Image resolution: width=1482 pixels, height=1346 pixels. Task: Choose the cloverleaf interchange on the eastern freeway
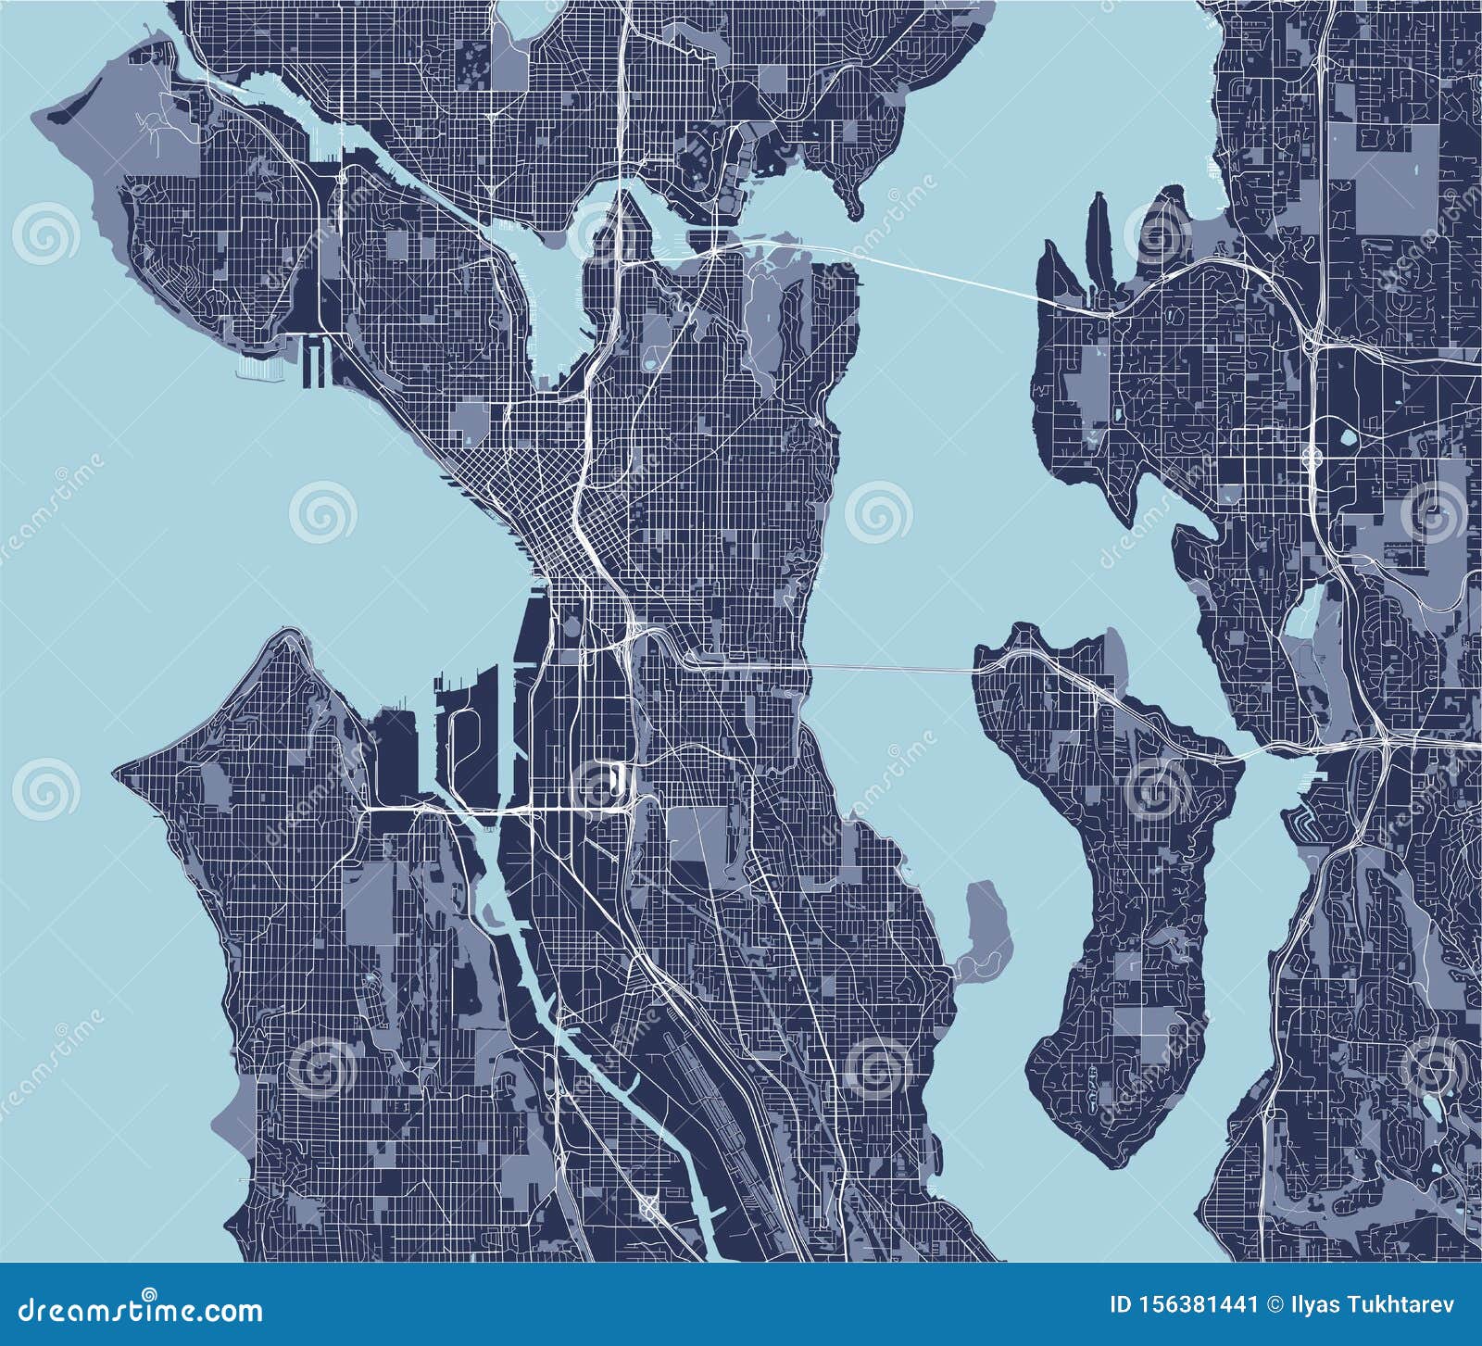tap(1312, 455)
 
